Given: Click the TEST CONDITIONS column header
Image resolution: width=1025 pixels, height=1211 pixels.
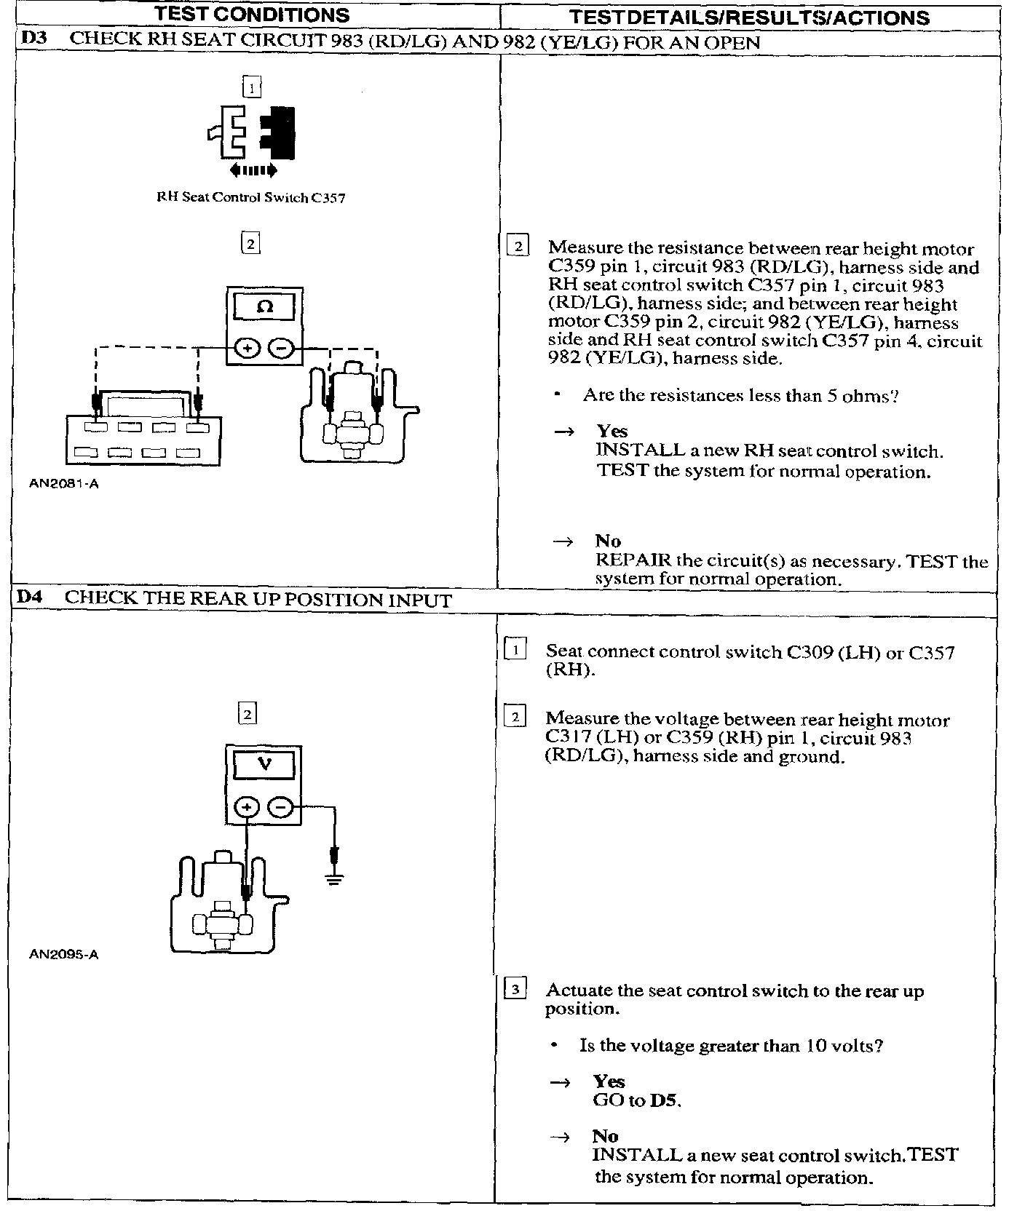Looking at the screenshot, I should [x=253, y=15].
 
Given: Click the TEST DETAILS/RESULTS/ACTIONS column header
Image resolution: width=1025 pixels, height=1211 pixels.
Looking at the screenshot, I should [x=749, y=17].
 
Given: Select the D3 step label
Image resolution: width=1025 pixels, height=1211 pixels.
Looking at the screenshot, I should [x=34, y=39].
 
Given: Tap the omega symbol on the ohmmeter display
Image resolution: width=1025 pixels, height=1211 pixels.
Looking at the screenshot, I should [x=265, y=307].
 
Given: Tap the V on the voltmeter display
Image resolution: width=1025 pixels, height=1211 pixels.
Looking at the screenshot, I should [x=264, y=764].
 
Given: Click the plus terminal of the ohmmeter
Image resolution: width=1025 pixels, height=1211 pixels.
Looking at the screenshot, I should [x=248, y=349].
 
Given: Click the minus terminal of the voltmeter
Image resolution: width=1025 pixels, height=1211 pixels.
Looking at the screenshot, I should [x=281, y=807].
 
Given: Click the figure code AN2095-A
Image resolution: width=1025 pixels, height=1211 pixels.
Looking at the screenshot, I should [x=63, y=954].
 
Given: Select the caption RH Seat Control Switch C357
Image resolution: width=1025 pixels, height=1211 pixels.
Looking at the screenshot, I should [x=251, y=197].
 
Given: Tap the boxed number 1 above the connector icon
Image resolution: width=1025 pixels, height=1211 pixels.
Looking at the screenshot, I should [x=251, y=88].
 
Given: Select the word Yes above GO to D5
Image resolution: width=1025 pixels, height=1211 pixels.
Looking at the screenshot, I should [x=609, y=1081].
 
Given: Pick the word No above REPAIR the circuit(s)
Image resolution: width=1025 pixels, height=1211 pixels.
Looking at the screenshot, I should [x=608, y=541].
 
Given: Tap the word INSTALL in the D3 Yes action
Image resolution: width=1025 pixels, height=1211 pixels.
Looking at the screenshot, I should [x=641, y=450].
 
